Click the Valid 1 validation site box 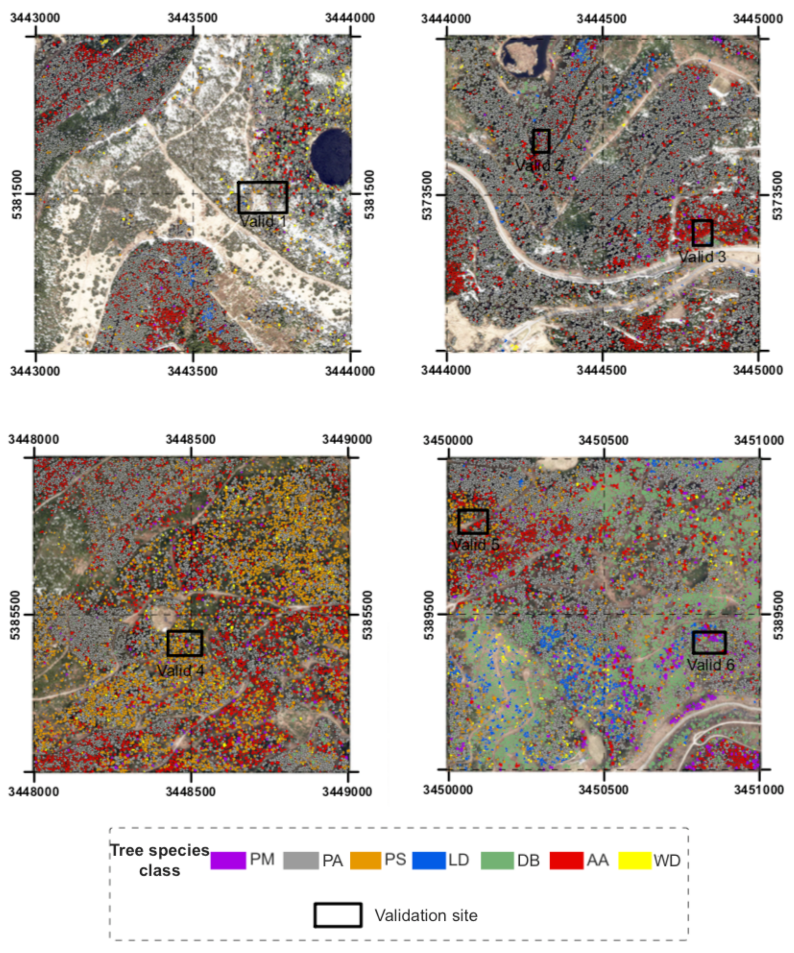[x=263, y=197]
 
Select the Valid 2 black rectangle [x=541, y=141]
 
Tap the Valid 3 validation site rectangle [x=702, y=233]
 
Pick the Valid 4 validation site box [x=184, y=643]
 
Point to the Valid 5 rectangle [x=473, y=521]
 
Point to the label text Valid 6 [x=710, y=665]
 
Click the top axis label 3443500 [x=192, y=18]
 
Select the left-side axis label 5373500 [x=427, y=195]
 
